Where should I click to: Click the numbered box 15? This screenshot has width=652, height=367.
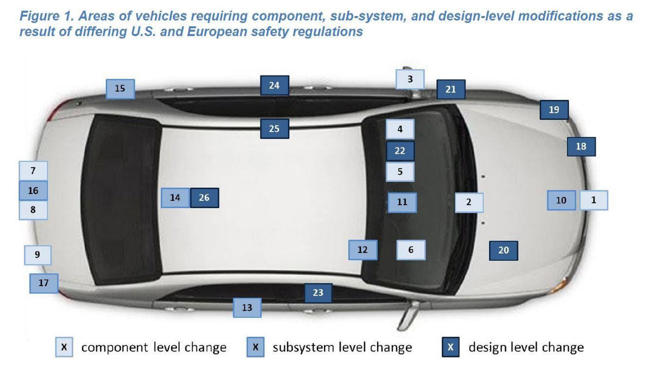pyautogui.click(x=120, y=89)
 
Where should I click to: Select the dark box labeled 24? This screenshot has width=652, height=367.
pyautogui.click(x=275, y=86)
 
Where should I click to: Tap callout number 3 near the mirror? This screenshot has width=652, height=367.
pyautogui.click(x=410, y=79)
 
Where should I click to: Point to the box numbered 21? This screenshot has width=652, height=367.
pyautogui.click(x=451, y=89)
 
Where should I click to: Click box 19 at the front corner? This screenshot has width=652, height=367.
pyautogui.click(x=554, y=110)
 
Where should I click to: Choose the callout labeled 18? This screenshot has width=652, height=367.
pyautogui.click(x=582, y=146)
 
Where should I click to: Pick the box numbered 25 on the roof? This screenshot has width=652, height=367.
pyautogui.click(x=275, y=129)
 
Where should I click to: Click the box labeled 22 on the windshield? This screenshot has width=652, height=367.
pyautogui.click(x=400, y=151)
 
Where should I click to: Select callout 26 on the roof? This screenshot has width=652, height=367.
pyautogui.click(x=205, y=198)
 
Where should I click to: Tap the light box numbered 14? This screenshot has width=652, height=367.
pyautogui.click(x=175, y=198)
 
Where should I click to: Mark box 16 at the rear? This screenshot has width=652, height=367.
pyautogui.click(x=33, y=190)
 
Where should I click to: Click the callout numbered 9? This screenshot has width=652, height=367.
pyautogui.click(x=37, y=255)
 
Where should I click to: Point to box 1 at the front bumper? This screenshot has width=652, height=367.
pyautogui.click(x=594, y=200)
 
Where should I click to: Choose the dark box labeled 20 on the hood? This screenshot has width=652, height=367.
pyautogui.click(x=504, y=250)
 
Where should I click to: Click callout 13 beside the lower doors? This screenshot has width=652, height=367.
pyautogui.click(x=247, y=307)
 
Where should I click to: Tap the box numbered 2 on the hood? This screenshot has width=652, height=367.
pyautogui.click(x=469, y=202)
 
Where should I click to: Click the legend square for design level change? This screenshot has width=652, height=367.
pyautogui.click(x=451, y=347)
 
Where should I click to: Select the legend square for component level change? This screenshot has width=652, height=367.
pyautogui.click(x=64, y=347)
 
